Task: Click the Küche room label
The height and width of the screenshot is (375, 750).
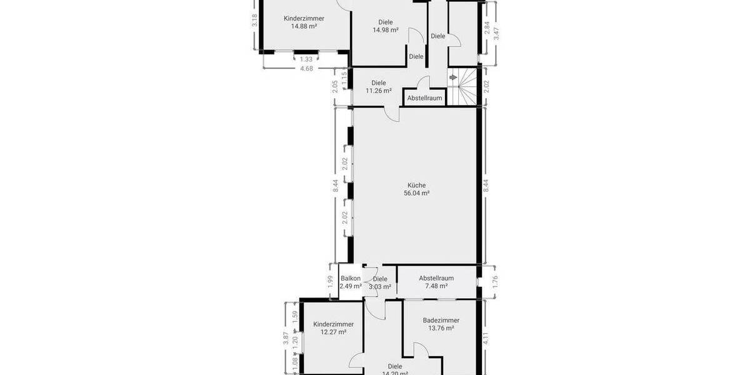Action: [417, 185]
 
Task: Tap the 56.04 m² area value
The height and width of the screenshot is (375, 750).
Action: [417, 194]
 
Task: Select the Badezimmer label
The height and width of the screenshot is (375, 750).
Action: [441, 320]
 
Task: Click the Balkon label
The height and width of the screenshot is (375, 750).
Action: [351, 279]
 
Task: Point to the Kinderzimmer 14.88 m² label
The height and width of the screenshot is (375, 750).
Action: [304, 19]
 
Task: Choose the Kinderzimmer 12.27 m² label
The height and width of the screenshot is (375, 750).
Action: [333, 324]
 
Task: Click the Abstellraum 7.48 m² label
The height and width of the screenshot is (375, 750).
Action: [436, 279]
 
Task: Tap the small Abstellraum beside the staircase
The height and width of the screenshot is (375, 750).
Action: [424, 98]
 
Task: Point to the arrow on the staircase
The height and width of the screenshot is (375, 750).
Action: [453, 77]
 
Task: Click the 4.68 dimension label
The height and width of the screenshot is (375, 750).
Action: [306, 69]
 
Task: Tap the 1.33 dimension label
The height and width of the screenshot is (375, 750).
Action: [306, 59]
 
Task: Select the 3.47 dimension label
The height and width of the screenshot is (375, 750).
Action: [496, 33]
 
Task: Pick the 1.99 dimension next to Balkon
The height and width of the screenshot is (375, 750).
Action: [331, 282]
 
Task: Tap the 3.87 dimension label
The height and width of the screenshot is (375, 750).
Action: [286, 338]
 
